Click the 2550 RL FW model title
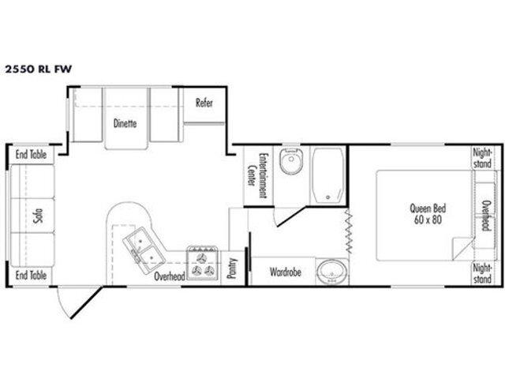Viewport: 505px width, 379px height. (38, 69)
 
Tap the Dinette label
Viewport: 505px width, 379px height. (125, 123)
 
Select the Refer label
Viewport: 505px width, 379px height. (204, 103)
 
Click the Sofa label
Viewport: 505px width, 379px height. (38, 216)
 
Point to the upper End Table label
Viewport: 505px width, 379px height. (31, 155)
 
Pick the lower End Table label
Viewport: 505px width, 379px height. (31, 276)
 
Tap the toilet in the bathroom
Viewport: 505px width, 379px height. (291, 161)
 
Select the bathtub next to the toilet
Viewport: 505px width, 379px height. (327, 175)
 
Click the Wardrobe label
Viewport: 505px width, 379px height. (286, 272)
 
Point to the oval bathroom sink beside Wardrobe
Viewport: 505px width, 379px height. (332, 272)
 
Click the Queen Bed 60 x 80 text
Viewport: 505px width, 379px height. (428, 214)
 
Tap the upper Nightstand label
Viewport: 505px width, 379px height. (482, 158)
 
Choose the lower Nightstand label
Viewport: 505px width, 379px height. (482, 273)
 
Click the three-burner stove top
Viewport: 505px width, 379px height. (203, 263)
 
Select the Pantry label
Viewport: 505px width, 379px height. (231, 268)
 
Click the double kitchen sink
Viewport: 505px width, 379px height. (144, 250)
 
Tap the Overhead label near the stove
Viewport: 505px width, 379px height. (170, 276)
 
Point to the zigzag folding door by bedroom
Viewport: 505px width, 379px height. (349, 231)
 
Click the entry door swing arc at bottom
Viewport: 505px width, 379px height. (62, 305)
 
